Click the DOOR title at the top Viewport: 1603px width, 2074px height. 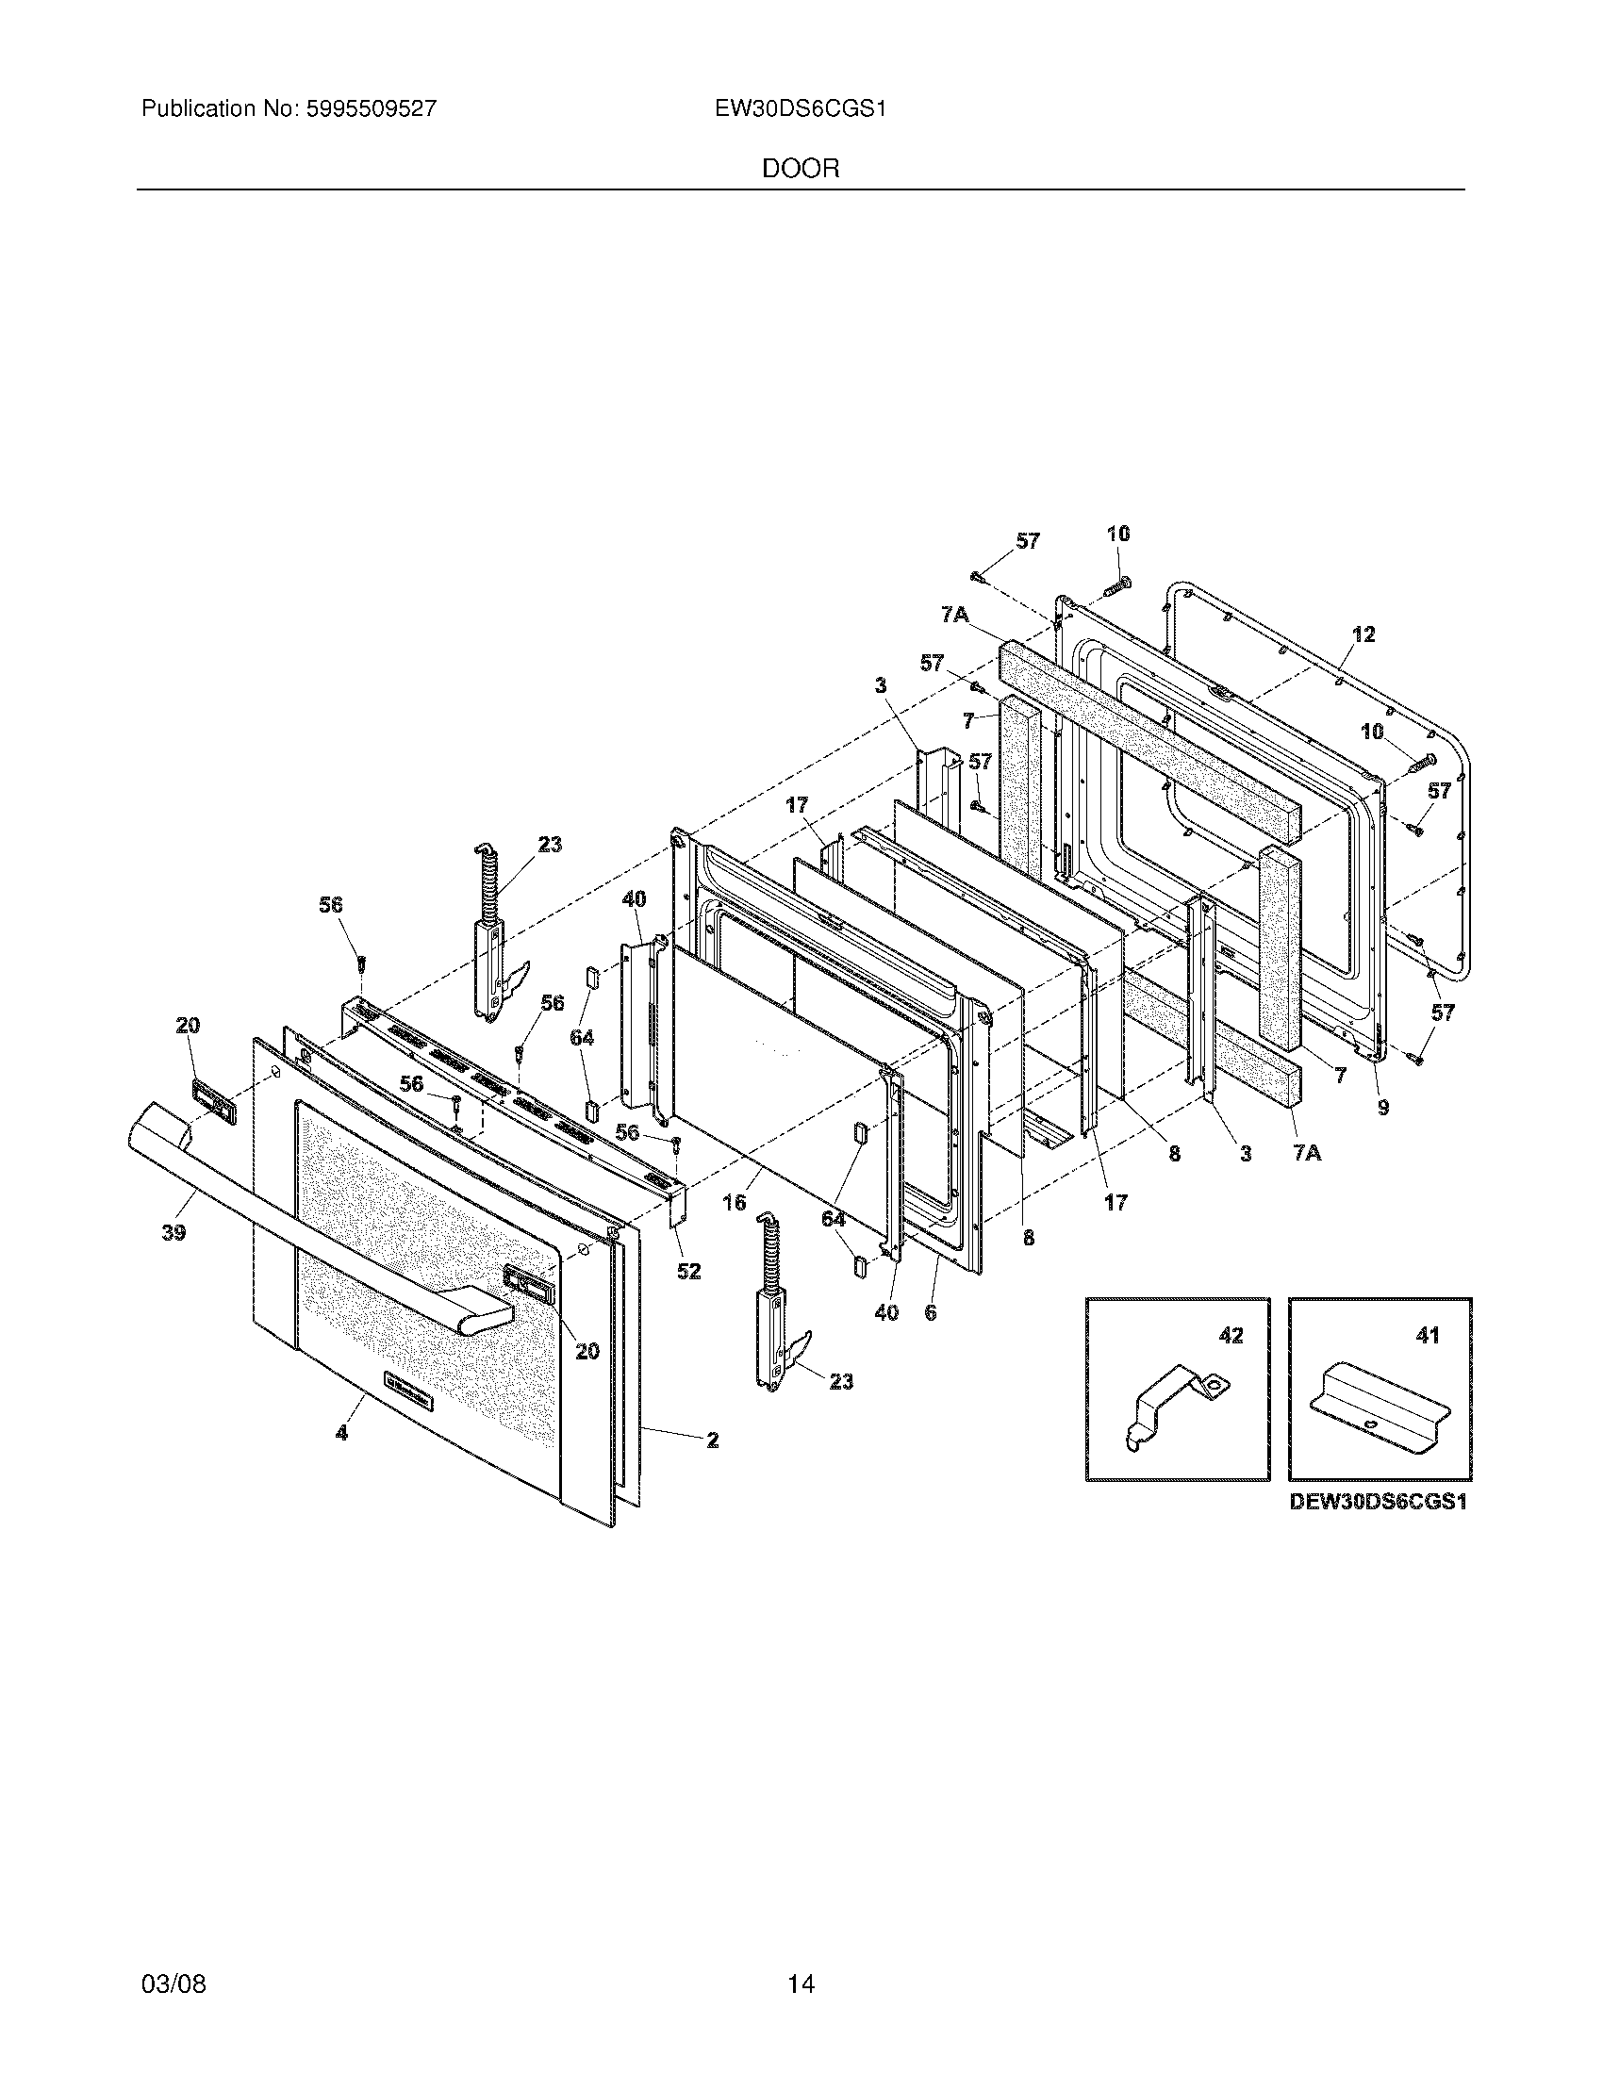tap(801, 169)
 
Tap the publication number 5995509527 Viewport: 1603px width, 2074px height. tap(372, 109)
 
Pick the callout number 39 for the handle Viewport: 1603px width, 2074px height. tap(173, 1233)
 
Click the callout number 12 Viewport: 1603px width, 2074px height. tap(1363, 634)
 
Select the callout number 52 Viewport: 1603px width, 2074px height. tap(688, 1271)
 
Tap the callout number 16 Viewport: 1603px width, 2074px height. tap(734, 1202)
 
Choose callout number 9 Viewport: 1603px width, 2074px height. tap(1382, 1107)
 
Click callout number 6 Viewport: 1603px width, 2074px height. tap(930, 1313)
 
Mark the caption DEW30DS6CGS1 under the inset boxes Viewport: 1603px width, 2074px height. tap(1378, 1504)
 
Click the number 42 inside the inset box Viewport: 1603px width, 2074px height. tap(1230, 1335)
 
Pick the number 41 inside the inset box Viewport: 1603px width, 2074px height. tap(1428, 1335)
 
